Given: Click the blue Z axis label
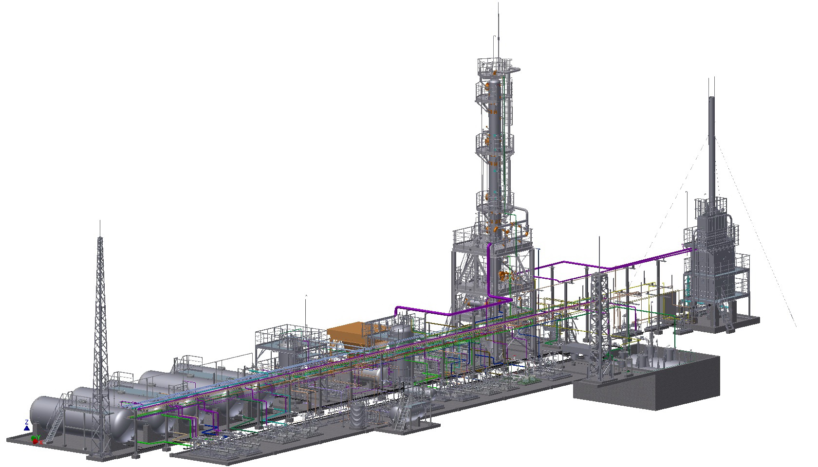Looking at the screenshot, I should click(26, 422).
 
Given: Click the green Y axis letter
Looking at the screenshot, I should click(37, 436).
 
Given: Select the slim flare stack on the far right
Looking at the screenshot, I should click(711, 146).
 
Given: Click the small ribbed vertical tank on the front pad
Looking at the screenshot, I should click(359, 416).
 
